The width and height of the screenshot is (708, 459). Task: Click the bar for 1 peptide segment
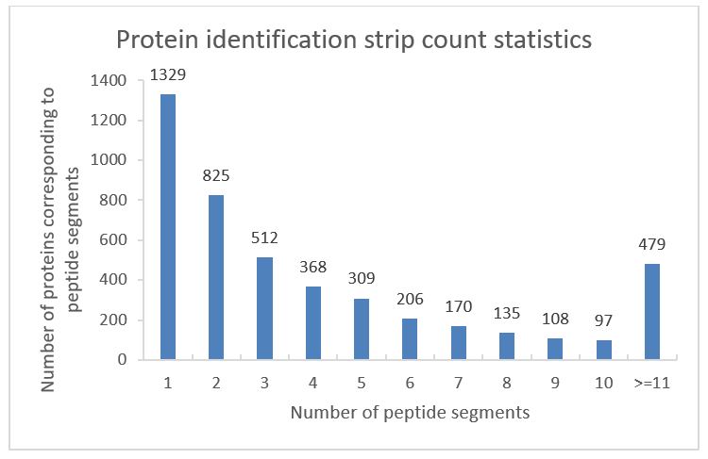point(167,226)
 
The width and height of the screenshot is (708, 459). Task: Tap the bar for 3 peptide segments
point(264,308)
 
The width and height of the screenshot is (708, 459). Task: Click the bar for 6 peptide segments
point(409,338)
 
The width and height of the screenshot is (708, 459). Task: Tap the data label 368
point(312,268)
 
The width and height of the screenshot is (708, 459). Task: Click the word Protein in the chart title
point(155,41)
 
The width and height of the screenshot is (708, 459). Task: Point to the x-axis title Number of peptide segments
point(409,412)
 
